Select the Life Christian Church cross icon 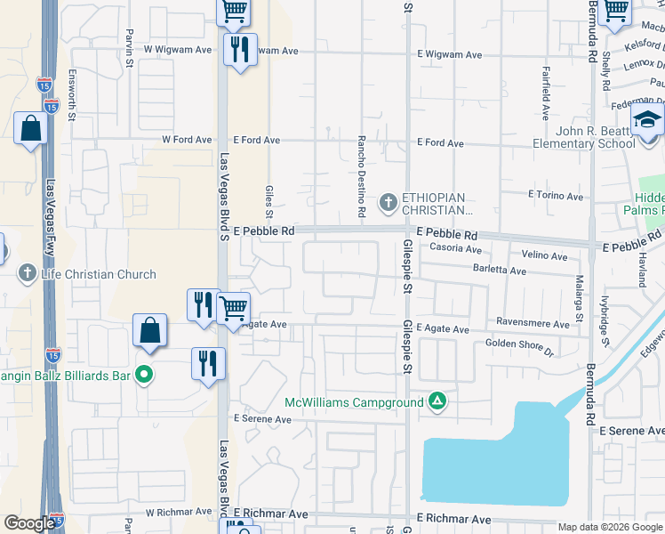[28, 273]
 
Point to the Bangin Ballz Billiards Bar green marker [142, 376]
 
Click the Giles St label [268, 201]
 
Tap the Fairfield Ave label [544, 101]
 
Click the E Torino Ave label [556, 195]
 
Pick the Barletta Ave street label [500, 270]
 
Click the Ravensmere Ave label [533, 325]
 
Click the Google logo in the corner [29, 523]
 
